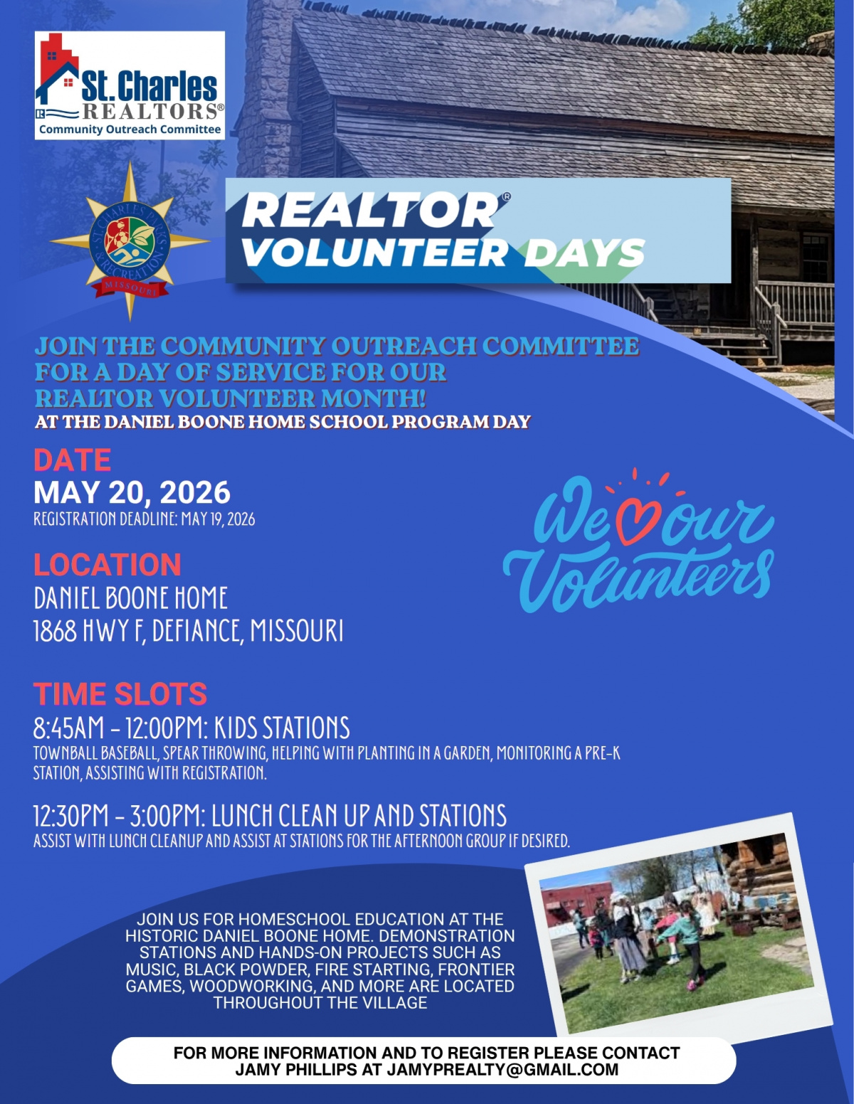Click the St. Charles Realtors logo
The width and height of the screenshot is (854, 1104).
tap(130, 85)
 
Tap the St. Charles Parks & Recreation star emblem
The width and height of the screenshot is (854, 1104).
tap(130, 242)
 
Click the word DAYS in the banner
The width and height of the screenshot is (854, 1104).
tap(584, 253)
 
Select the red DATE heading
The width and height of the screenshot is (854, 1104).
tap(72, 460)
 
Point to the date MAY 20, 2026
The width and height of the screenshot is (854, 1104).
tap(132, 492)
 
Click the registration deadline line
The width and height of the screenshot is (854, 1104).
tap(144, 519)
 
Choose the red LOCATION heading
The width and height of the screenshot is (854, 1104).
tap(107, 564)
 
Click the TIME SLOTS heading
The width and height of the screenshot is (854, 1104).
tap(120, 694)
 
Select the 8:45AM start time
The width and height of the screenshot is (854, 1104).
tap(68, 728)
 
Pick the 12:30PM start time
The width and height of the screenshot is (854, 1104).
tap(71, 815)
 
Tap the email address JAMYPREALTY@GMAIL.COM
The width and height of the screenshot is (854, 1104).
tap(502, 1069)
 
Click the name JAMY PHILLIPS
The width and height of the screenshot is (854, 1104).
tap(295, 1069)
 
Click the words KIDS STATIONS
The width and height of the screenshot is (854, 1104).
tap(282, 728)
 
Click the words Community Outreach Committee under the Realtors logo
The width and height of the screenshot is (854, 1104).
tap(130, 129)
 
